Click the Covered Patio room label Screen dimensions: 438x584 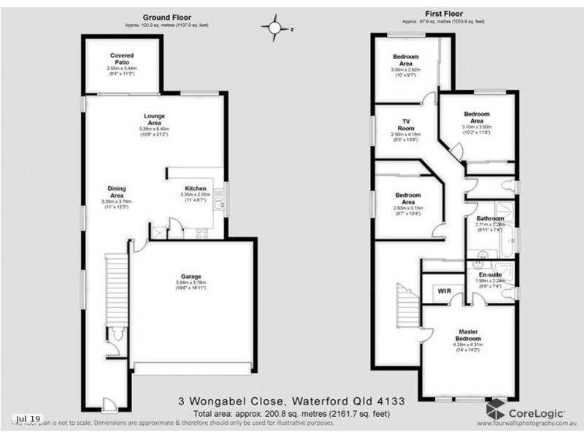pyautogui.click(x=121, y=55)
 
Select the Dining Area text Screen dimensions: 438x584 pyautogui.click(x=117, y=191)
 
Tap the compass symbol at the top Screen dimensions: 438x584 pyautogui.click(x=275, y=28)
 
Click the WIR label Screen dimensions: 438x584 pyautogui.click(x=443, y=291)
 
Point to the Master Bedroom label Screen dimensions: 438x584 pyautogui.click(x=468, y=334)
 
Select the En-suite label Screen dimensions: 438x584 pyautogui.click(x=490, y=274)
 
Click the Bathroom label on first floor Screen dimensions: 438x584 pyautogui.click(x=490, y=218)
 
